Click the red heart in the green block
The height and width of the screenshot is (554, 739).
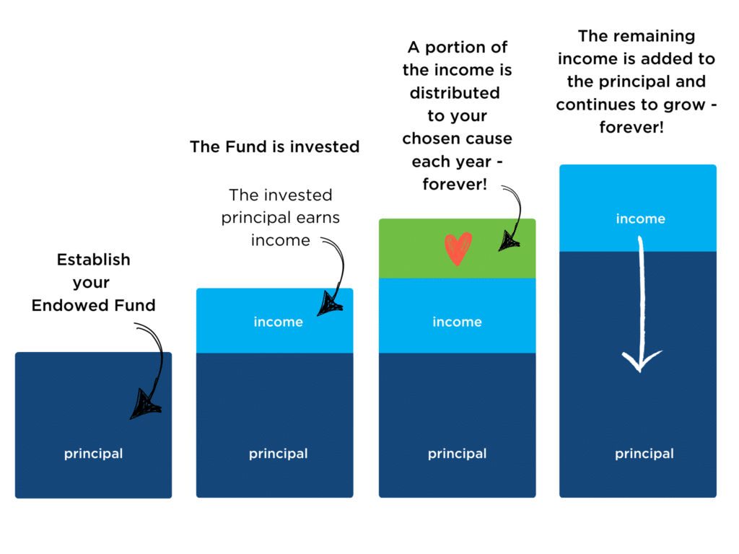pyautogui.click(x=458, y=248)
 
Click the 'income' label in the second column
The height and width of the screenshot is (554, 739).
pyautogui.click(x=278, y=322)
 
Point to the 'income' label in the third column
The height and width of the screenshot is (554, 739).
pyautogui.click(x=457, y=322)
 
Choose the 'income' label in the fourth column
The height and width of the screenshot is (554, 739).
pyautogui.click(x=640, y=219)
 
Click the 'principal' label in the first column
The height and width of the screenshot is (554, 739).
pyautogui.click(x=93, y=454)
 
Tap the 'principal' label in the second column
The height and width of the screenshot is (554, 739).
pyautogui.click(x=278, y=454)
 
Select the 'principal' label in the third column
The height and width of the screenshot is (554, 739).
pyautogui.click(x=457, y=454)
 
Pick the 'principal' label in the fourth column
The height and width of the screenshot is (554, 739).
pyautogui.click(x=644, y=454)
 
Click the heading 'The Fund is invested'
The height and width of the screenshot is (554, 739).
pyautogui.click(x=274, y=147)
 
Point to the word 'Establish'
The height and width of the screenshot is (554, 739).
pyautogui.click(x=94, y=259)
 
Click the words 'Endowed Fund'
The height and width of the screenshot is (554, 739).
pyautogui.click(x=93, y=305)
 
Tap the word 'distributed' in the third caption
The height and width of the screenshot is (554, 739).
pyautogui.click(x=455, y=93)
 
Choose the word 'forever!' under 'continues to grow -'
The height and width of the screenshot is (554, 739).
pyautogui.click(x=632, y=128)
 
